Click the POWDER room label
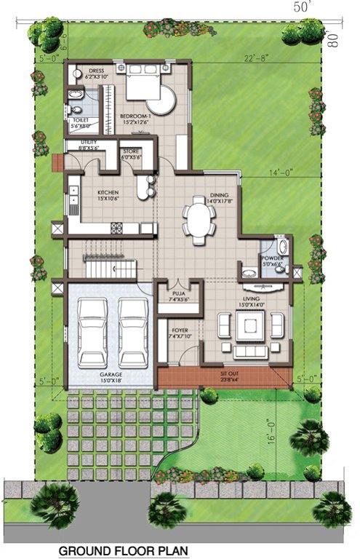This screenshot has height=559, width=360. coord(273,259)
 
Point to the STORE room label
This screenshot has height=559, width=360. coord(130,154)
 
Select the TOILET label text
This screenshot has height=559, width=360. coord(79,121)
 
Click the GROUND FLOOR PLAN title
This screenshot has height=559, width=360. coord(124,551)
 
